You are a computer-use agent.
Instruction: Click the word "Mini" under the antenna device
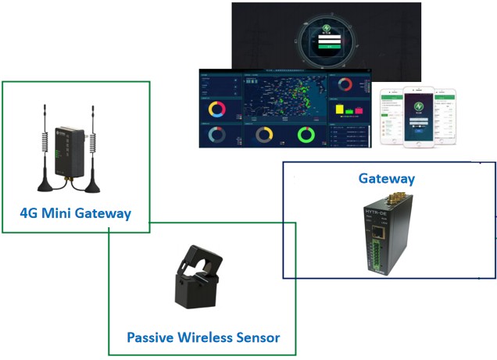tap(63, 212)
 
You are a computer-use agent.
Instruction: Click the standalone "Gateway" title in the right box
tap(386, 179)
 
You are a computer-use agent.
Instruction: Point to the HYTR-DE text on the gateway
tap(381, 212)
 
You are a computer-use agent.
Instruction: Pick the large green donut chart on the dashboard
tap(306, 135)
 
